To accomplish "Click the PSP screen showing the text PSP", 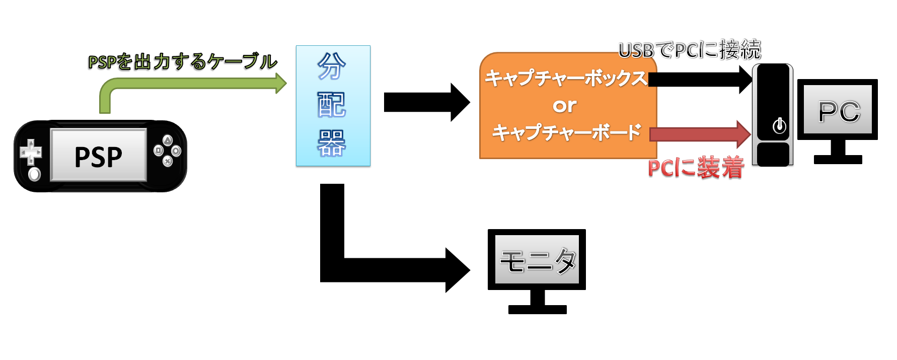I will click(99, 156).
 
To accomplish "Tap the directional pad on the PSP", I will click(31, 152).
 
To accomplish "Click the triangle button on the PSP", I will click(168, 140).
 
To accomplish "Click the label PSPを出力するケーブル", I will click(182, 61).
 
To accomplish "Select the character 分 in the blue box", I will click(332, 66).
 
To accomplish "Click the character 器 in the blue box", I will click(332, 143).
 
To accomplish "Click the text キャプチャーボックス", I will click(565, 79).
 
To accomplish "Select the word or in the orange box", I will click(564, 106).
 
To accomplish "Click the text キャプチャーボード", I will click(566, 132).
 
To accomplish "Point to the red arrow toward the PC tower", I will click(700, 134).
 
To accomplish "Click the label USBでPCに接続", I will click(690, 50).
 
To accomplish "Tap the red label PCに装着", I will click(696, 168).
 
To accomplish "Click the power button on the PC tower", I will click(779, 125).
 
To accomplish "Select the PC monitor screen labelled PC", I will click(838, 110).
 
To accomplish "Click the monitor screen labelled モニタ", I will click(537, 261).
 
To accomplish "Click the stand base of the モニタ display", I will click(537, 309).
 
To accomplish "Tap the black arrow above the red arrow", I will click(700, 79).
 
